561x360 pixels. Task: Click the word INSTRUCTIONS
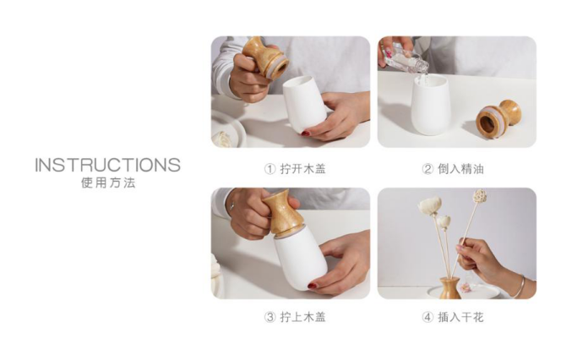[107, 165]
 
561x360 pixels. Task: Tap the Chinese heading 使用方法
[108, 183]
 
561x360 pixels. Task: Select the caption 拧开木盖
[302, 168]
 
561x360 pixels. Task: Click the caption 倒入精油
[460, 168]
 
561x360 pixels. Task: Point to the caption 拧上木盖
[302, 317]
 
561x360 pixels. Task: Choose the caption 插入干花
[460, 317]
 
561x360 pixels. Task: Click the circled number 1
[270, 169]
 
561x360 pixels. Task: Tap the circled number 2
[428, 169]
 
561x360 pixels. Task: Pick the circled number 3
[270, 318]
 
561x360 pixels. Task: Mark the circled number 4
[428, 318]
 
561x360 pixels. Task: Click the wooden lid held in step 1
[266, 57]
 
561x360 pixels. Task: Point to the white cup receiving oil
[431, 105]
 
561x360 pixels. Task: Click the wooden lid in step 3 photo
[283, 214]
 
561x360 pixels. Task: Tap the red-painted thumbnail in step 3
[312, 286]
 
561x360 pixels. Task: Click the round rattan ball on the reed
[479, 196]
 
